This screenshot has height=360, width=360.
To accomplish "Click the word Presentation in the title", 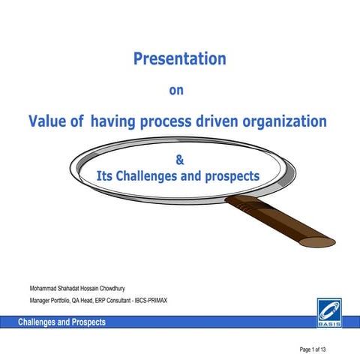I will point(179,58).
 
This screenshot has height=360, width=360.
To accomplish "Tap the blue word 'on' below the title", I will point(177,91).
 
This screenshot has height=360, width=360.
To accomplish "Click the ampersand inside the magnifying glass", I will point(178,159).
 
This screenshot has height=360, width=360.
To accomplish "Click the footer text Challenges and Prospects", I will point(62,322).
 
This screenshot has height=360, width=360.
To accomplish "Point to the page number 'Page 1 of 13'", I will point(319,349).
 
